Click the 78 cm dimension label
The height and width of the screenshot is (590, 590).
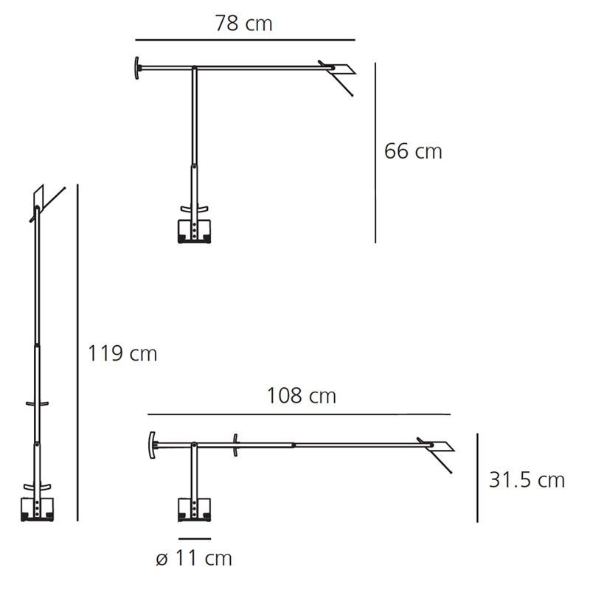(243, 24)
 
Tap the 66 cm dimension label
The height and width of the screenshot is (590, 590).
(413, 151)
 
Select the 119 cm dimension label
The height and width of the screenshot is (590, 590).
(122, 354)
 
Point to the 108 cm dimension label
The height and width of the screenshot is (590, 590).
(301, 396)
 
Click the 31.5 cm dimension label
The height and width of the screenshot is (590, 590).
(527, 480)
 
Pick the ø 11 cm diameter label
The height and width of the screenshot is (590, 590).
(194, 558)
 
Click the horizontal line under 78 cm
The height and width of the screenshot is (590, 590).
(246, 40)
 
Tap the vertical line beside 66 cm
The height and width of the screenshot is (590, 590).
(375, 153)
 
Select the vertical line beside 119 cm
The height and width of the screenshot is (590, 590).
(77, 353)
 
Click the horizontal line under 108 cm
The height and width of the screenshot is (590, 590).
(299, 414)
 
